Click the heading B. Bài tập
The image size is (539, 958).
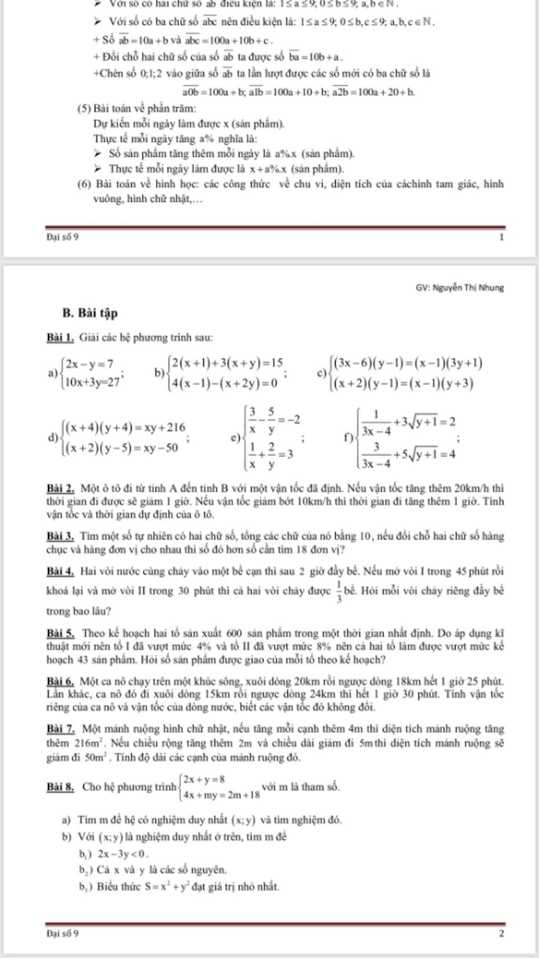click(89, 313)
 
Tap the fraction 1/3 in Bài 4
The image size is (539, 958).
click(339, 591)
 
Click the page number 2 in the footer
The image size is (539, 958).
click(502, 934)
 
